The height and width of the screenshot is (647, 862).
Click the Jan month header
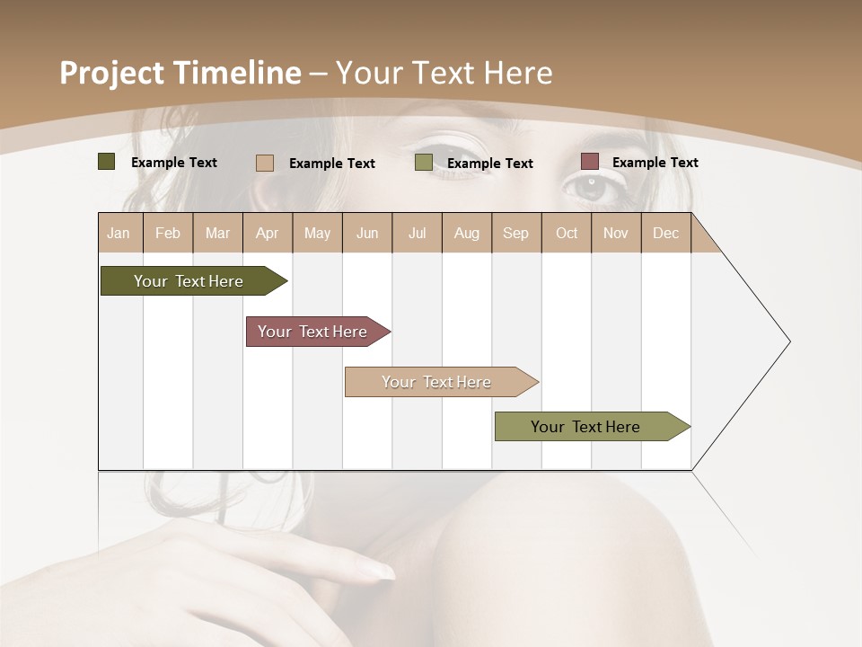119,234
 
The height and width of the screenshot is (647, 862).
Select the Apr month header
268,234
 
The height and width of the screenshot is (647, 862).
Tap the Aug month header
467,234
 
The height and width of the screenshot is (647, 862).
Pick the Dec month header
665,234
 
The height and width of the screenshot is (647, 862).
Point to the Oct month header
567,234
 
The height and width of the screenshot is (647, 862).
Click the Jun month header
367,234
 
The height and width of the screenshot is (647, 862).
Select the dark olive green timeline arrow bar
189,281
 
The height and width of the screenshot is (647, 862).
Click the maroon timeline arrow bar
313,332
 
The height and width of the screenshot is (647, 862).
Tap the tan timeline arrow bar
437,382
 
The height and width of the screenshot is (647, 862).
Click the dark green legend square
106,162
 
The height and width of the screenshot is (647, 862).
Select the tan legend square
264,163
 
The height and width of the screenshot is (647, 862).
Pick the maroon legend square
589,162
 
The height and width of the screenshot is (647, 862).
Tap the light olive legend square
423,163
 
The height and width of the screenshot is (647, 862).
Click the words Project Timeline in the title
180,73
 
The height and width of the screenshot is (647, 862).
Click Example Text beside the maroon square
655,163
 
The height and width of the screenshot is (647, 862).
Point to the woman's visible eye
589,186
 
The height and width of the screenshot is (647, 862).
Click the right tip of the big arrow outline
789,341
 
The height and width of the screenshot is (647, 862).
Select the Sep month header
515,234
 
